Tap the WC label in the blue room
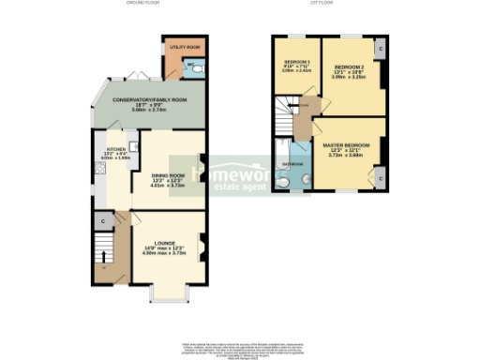189,64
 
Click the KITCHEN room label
115,148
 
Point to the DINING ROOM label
170,174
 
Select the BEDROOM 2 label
350,67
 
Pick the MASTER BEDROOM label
346,145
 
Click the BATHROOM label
293,164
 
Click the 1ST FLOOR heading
323,4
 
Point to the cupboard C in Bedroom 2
379,49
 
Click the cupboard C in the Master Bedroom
379,175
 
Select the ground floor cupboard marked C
100,221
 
